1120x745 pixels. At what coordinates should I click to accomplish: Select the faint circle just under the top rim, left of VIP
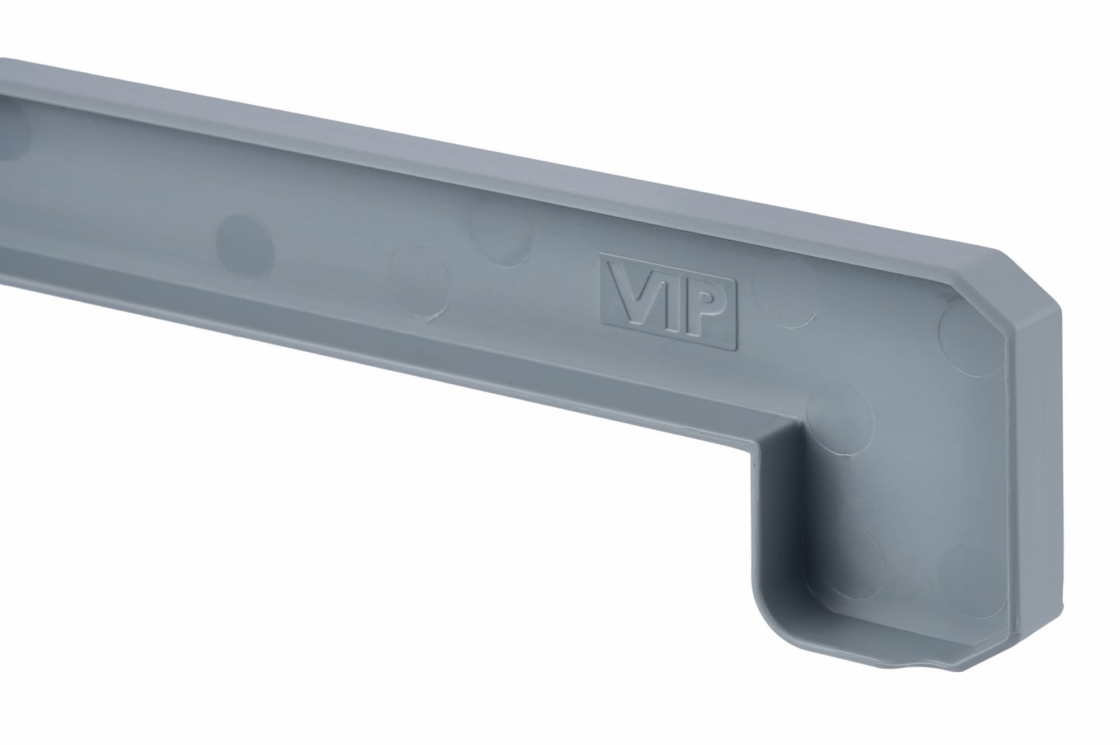[x=502, y=233]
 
